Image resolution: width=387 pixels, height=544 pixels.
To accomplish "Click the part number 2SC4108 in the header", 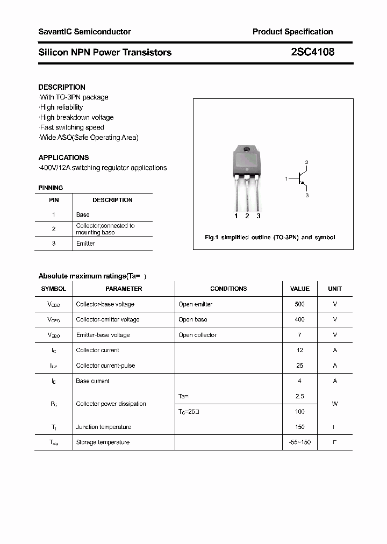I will [312, 52].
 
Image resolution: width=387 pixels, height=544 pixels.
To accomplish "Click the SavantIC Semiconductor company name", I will [84, 32].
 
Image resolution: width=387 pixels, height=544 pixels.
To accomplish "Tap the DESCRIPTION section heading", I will [62, 87].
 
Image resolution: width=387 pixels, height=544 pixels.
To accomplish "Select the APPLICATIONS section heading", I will [63, 158].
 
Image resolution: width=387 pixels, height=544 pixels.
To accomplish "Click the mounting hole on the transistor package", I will [247, 149].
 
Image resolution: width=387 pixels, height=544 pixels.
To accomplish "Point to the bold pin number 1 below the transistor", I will [236, 216].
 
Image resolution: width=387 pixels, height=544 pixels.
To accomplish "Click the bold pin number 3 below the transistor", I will [259, 216].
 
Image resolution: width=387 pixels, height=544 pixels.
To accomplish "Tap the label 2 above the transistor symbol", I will [306, 162].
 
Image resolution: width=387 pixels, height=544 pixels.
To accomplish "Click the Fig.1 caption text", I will [270, 238].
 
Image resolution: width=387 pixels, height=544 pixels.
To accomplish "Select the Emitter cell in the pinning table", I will [85, 244].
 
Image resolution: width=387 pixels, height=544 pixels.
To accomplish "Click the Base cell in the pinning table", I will [83, 214].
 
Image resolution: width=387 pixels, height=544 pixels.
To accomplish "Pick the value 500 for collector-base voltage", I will [299, 304].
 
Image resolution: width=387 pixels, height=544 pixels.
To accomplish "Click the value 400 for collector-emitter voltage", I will [299, 319].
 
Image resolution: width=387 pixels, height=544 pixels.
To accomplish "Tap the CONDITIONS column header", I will [228, 289].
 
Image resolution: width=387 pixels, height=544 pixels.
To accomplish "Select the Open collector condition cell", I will [197, 335].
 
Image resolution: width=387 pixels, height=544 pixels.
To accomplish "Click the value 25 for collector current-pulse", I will [299, 366].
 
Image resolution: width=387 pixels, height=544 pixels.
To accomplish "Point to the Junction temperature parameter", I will [103, 427].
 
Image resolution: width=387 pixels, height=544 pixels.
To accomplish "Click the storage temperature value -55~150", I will [299, 442].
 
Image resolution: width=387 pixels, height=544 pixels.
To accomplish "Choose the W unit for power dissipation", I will [335, 404].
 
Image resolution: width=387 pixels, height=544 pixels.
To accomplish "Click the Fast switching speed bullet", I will [72, 127].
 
